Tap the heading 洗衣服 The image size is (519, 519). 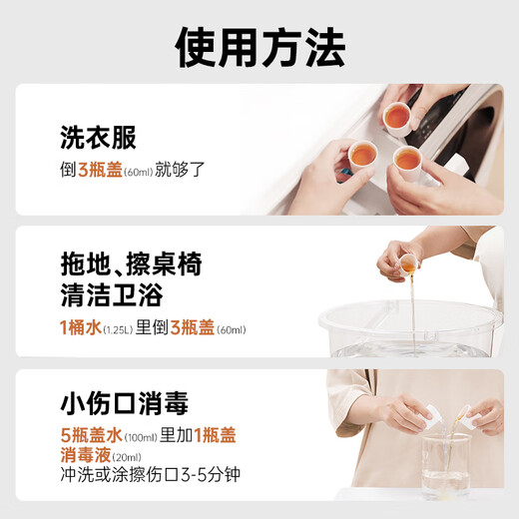point(98,137)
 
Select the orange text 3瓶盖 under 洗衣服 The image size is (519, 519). point(99,169)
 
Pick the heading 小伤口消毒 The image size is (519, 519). point(123,404)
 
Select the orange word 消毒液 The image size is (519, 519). point(84,455)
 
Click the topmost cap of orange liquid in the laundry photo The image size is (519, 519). point(396,117)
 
